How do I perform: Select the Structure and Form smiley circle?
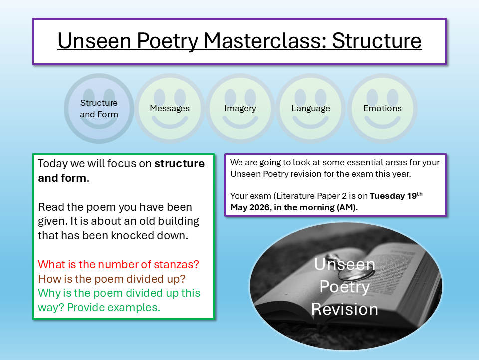[99, 108]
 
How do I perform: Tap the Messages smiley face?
[170, 108]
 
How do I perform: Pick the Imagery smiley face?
[240, 108]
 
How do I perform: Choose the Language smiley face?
[311, 108]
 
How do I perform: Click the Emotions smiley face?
[382, 108]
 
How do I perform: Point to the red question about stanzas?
[119, 264]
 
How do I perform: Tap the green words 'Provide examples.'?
[113, 308]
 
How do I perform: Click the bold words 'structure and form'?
[121, 171]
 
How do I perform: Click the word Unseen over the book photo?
[344, 264]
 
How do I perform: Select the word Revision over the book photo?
[344, 309]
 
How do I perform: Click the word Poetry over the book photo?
[344, 287]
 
